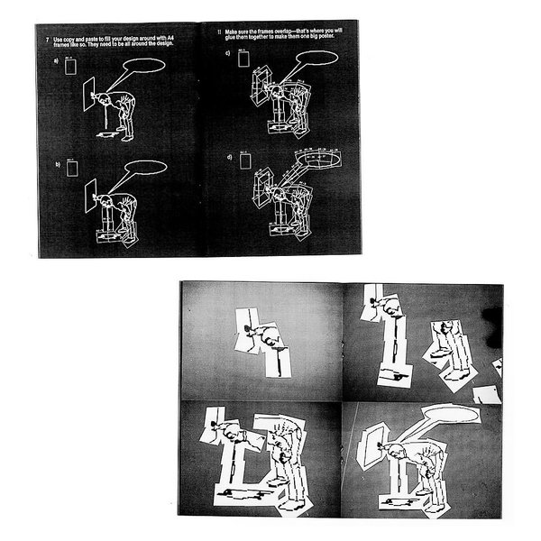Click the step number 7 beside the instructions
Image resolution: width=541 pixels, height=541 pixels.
(x=47, y=41)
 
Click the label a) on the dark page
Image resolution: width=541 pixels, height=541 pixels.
(x=56, y=62)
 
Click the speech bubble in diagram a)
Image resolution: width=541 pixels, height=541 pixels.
(x=144, y=66)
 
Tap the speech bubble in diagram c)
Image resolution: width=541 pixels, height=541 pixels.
(x=316, y=58)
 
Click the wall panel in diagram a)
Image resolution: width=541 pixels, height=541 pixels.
(x=90, y=94)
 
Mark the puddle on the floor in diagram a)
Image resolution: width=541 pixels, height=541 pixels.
(x=108, y=135)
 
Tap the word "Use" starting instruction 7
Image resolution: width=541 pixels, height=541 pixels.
(x=59, y=41)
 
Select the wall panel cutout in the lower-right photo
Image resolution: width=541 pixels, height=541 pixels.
(x=371, y=446)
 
